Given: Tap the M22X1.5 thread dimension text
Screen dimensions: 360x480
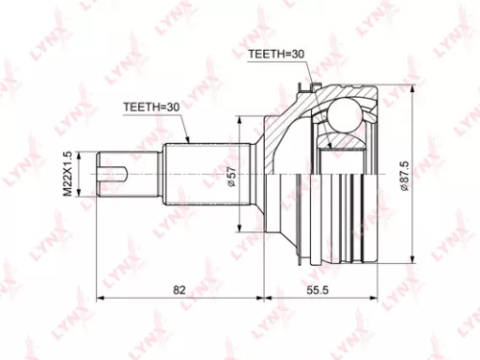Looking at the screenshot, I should (x=68, y=173).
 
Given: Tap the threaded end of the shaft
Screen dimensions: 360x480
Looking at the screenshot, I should (x=117, y=174).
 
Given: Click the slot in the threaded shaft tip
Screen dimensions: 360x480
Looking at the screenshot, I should (x=113, y=174).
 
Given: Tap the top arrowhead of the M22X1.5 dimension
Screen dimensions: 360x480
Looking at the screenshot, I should (x=80, y=152).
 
